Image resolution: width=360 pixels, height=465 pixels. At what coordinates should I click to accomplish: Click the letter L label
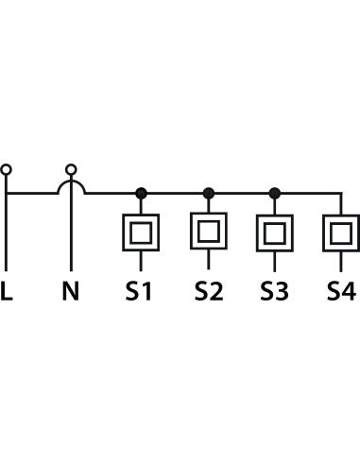(x=7, y=290)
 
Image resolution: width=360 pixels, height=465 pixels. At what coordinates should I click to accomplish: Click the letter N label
(x=71, y=290)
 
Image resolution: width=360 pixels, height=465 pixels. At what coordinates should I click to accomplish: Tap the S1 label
(x=139, y=291)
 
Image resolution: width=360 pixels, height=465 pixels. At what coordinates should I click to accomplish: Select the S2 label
(x=209, y=291)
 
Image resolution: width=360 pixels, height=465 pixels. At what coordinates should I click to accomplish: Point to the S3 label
(x=274, y=291)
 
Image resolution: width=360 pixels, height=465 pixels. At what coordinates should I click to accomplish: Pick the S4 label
(x=342, y=291)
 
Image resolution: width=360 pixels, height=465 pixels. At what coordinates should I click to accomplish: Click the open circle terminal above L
(x=6, y=169)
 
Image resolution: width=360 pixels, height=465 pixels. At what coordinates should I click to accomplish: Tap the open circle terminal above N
(x=71, y=169)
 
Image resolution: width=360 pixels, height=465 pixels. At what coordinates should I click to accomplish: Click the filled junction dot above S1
(x=141, y=193)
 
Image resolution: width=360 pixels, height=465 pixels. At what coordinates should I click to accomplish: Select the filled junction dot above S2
(x=209, y=193)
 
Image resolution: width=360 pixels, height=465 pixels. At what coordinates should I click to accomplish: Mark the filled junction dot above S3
(x=275, y=193)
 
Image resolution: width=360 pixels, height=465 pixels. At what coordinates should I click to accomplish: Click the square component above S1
(x=141, y=232)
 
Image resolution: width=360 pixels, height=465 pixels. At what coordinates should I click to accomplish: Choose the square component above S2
(x=209, y=232)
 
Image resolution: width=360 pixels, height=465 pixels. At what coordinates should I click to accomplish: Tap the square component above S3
(x=275, y=232)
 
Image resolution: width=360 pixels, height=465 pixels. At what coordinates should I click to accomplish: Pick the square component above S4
(x=341, y=232)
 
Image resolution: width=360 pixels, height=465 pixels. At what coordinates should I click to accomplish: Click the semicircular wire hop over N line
(x=71, y=181)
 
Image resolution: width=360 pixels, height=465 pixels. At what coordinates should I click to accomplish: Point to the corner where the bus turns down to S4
(x=341, y=193)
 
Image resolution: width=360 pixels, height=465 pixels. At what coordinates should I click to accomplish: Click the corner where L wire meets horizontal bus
(x=6, y=193)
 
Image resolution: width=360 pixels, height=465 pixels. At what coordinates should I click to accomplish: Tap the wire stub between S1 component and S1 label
(x=141, y=261)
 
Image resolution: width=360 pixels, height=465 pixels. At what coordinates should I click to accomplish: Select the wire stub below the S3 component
(x=275, y=262)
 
